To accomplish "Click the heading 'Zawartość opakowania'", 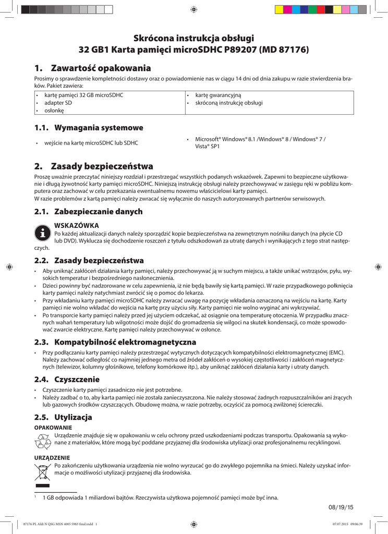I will click(101, 68).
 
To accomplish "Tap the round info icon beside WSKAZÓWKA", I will click(42, 233).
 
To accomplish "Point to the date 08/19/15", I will click(341, 507).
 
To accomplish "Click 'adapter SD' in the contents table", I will click(58, 103).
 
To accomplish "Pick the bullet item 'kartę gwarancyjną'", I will click(219, 95).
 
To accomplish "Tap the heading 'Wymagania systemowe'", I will click(99, 128).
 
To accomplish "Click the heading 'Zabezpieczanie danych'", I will click(99, 212).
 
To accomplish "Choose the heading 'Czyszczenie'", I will click(77, 379).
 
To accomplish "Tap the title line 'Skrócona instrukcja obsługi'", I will click(193, 38).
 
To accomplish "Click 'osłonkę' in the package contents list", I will click(54, 111).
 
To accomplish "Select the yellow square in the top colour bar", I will click(279, 9).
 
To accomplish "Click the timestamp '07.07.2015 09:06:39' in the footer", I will click(347, 525).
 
